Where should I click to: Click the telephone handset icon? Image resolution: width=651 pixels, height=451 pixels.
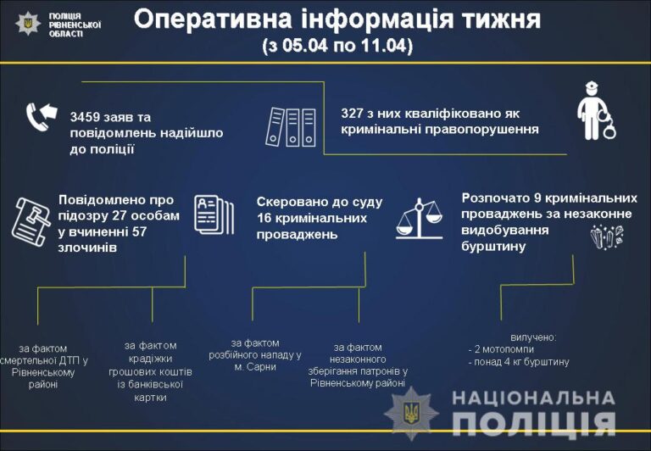pyautogui.click(x=36, y=117)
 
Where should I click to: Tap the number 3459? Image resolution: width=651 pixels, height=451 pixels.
pyautogui.click(x=85, y=117)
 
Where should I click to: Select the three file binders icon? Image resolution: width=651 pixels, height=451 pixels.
pyautogui.click(x=291, y=127)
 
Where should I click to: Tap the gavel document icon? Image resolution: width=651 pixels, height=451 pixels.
pyautogui.click(x=31, y=222)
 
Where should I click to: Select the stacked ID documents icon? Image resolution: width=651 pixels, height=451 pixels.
pyautogui.click(x=214, y=214)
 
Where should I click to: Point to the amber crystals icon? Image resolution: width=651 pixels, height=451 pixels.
pyautogui.click(x=607, y=237)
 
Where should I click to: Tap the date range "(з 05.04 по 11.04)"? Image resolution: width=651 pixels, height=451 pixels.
pyautogui.click(x=337, y=46)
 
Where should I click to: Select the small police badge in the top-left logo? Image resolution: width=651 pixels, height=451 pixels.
pyautogui.click(x=28, y=23)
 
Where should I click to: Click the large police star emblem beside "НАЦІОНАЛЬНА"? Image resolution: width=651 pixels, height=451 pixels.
pyautogui.click(x=411, y=413)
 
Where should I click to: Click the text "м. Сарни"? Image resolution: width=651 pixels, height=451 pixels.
pyautogui.click(x=255, y=367)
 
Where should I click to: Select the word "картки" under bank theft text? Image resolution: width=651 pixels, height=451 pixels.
pyautogui.click(x=150, y=398)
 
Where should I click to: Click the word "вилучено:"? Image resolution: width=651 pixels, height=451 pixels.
pyautogui.click(x=533, y=337)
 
